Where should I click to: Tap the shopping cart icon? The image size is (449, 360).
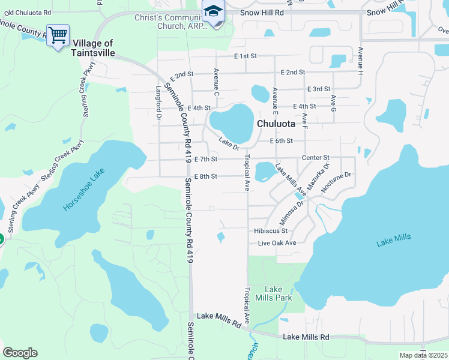58,36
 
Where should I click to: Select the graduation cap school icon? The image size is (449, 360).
213,12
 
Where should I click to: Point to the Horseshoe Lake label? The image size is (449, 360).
84,189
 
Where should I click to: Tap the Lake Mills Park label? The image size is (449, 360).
274,293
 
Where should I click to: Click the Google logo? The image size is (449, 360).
20,353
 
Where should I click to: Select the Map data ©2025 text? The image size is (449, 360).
423,355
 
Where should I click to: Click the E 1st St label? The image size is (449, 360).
246,56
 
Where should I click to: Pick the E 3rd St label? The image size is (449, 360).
318,89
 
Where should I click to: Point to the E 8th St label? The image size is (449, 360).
205,176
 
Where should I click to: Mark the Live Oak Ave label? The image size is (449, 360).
277,243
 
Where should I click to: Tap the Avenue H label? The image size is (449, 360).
360,60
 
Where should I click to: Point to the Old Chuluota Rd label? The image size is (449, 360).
26,12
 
